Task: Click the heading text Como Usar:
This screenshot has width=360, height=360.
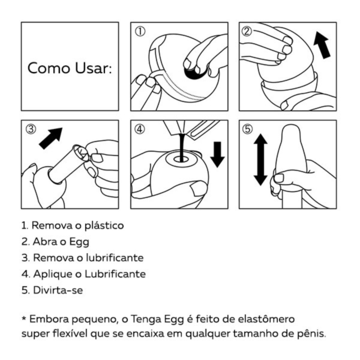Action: tap(70, 68)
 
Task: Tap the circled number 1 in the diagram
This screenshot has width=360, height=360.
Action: tap(140, 31)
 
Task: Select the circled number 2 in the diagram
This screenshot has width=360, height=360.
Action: tap(247, 31)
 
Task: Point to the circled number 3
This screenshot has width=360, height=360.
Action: tap(31, 129)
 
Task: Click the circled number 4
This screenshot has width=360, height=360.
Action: tap(140, 129)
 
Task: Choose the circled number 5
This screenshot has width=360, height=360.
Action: tap(247, 129)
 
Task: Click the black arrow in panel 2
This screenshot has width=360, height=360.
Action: tap(322, 45)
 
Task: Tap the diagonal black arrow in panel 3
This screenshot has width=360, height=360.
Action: tap(51, 139)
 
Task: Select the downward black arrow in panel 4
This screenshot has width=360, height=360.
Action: tap(217, 155)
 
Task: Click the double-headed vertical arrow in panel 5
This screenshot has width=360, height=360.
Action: tap(260, 160)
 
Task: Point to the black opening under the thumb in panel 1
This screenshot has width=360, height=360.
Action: tap(195, 73)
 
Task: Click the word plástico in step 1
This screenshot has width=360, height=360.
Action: tap(104, 226)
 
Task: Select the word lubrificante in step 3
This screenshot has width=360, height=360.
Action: tap(115, 257)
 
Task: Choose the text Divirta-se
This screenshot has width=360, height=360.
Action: tap(58, 290)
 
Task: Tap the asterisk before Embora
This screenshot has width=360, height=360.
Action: tap(24, 318)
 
